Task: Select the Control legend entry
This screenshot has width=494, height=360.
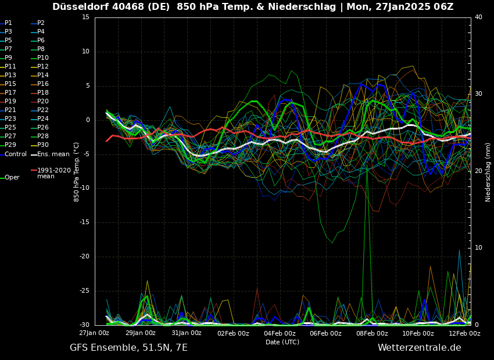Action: [x=16, y=154]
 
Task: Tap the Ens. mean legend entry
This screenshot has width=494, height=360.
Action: [x=53, y=154]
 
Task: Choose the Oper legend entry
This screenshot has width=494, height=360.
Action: [x=12, y=177]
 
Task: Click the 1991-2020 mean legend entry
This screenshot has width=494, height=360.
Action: [x=53, y=173]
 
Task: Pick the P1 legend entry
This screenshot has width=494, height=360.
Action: [x=8, y=23]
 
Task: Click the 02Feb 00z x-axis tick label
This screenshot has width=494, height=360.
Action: [x=233, y=333]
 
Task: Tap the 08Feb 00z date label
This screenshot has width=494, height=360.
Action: [x=372, y=333]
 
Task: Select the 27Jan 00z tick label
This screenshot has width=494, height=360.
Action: [x=94, y=333]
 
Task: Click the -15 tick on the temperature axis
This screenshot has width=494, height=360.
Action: [x=84, y=222]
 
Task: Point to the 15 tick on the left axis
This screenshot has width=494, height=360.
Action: [x=85, y=17]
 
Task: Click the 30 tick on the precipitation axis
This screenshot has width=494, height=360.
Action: [x=478, y=94]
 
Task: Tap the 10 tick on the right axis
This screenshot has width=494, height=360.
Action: [x=478, y=248]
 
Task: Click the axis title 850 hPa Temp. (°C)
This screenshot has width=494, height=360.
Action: [x=77, y=171]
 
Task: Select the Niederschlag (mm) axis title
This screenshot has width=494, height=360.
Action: [x=488, y=171]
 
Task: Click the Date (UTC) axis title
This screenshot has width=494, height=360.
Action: [x=282, y=342]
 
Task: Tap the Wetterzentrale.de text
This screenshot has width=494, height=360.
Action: [x=419, y=348]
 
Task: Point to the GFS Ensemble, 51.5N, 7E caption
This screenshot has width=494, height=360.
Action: [x=128, y=348]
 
